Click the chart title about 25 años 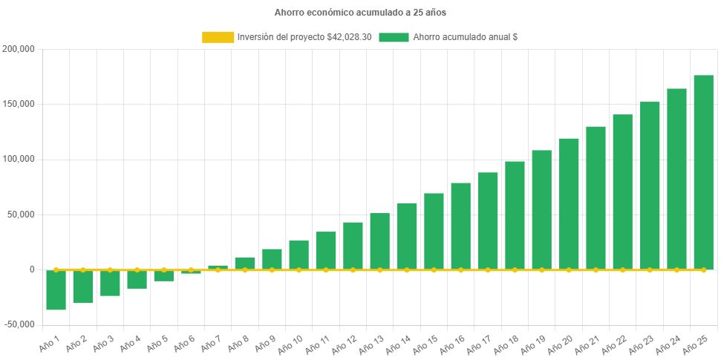(360, 13)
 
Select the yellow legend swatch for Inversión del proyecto (217, 37)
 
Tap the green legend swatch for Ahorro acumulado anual (394, 37)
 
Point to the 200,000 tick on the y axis (19, 49)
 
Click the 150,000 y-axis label (19, 104)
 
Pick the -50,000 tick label (19, 324)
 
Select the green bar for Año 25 (703, 172)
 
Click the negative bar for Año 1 (56, 290)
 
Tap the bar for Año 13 (379, 241)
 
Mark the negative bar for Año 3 (110, 284)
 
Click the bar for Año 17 (488, 221)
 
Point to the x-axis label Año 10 (291, 344)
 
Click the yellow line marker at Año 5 (164, 269)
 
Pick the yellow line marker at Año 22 (622, 269)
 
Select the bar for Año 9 (272, 259)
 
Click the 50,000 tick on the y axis (22, 215)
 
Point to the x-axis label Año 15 (426, 344)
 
